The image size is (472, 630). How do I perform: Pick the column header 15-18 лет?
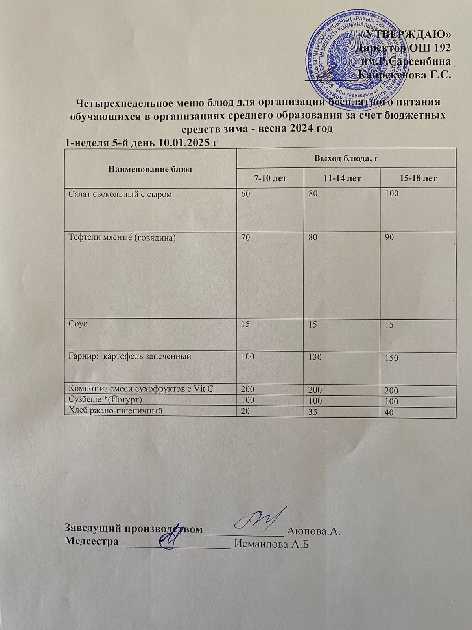[418, 178]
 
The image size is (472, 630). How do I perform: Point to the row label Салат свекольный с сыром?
[120, 194]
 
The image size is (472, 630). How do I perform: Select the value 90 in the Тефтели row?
[390, 237]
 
